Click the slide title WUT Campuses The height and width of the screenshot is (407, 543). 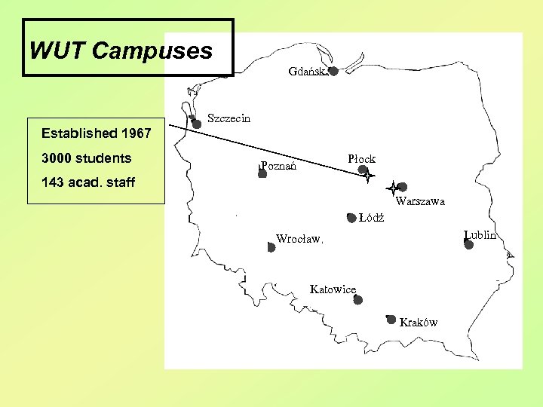[121, 51]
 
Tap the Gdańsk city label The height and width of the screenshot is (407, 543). [305, 72]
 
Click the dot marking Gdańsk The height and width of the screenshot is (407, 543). [333, 71]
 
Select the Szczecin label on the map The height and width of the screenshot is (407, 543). [229, 118]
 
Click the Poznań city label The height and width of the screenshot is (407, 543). [278, 165]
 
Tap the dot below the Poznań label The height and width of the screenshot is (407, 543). [262, 174]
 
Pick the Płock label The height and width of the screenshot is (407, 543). [361, 159]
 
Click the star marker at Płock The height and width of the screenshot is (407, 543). [367, 176]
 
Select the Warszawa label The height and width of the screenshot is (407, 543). [420, 201]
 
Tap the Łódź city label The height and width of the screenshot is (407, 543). [372, 219]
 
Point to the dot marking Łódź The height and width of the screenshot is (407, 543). [351, 219]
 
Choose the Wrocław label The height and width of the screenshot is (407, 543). [299, 240]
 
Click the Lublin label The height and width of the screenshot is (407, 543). [480, 234]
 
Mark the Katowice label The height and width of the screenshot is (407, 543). [333, 289]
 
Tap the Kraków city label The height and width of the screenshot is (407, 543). [419, 323]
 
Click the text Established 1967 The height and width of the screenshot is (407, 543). [96, 134]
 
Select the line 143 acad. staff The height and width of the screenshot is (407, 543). [88, 182]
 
